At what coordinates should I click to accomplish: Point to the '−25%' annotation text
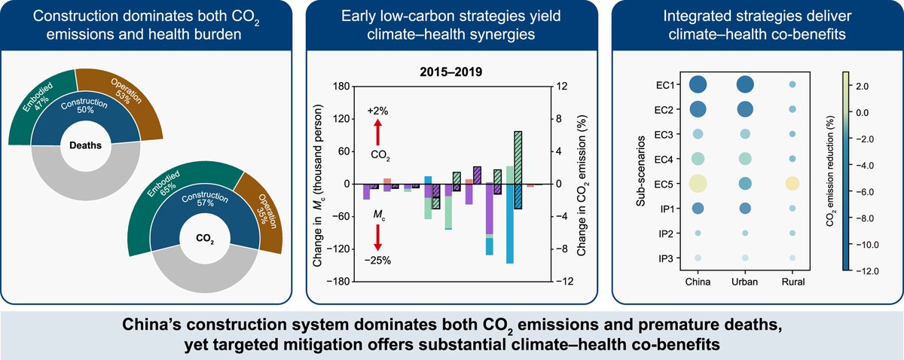point(379,261)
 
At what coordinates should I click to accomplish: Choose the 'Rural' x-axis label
point(792,282)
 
